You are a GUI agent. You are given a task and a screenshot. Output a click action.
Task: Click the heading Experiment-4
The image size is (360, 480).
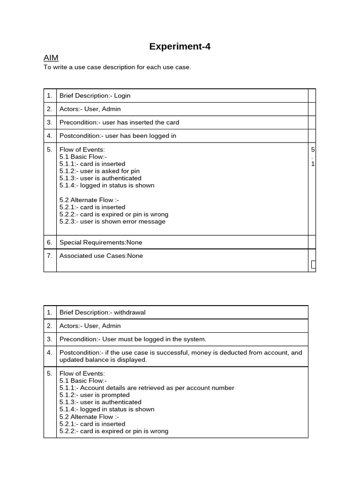180,46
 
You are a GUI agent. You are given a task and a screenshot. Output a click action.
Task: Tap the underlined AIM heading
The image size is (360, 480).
51,58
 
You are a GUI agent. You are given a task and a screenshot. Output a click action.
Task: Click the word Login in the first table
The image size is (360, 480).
122,96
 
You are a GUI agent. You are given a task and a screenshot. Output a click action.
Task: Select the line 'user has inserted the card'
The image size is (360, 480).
141,122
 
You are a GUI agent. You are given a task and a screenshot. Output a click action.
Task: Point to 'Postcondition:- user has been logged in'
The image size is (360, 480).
118,136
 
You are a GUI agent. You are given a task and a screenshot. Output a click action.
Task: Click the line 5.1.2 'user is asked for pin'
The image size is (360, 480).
99,171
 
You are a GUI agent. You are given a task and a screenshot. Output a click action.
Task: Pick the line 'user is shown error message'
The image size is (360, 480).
112,221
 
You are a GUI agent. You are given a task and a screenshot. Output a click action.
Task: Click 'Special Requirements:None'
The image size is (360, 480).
101,242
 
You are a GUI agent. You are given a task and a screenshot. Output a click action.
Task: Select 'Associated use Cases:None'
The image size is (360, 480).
101,256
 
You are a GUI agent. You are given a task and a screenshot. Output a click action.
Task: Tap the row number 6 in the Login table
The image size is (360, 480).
50,242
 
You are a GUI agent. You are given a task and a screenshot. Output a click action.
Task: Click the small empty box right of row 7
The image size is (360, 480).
313,265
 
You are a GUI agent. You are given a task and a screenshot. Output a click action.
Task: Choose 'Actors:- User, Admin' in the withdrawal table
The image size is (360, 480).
90,326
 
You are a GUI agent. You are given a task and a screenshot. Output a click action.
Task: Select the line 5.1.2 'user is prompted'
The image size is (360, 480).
94,395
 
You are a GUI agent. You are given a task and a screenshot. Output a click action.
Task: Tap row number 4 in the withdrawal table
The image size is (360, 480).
50,352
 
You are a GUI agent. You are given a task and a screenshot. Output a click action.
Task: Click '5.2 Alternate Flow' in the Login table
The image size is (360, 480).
86,200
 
